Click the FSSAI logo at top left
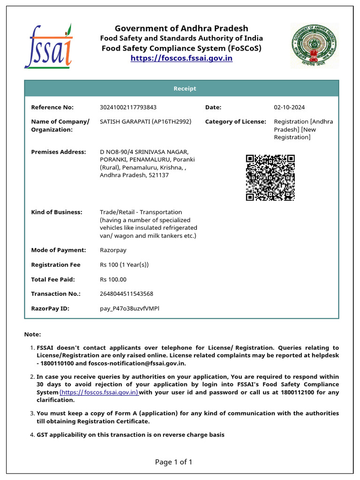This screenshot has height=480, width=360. (x=48, y=46)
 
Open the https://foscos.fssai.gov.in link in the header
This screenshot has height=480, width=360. (x=181, y=58)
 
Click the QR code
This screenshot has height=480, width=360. (x=270, y=178)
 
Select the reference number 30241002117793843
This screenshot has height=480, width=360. (x=128, y=107)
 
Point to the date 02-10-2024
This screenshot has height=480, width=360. (x=289, y=107)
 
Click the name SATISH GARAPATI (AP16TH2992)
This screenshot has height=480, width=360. (x=145, y=121)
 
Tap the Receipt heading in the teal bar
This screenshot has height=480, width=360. (x=185, y=89)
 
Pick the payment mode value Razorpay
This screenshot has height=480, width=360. (x=113, y=250)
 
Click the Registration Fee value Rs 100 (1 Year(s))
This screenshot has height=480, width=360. (x=124, y=265)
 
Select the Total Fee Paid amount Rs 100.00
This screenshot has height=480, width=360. (x=113, y=279)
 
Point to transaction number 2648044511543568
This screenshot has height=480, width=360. (x=126, y=294)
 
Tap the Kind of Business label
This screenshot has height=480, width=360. (x=56, y=212)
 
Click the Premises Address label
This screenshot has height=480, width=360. (x=58, y=152)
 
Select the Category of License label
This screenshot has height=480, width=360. (x=235, y=121)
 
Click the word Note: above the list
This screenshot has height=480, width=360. (x=32, y=334)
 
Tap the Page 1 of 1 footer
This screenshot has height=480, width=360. (x=173, y=462)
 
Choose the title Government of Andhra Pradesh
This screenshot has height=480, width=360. (x=181, y=28)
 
